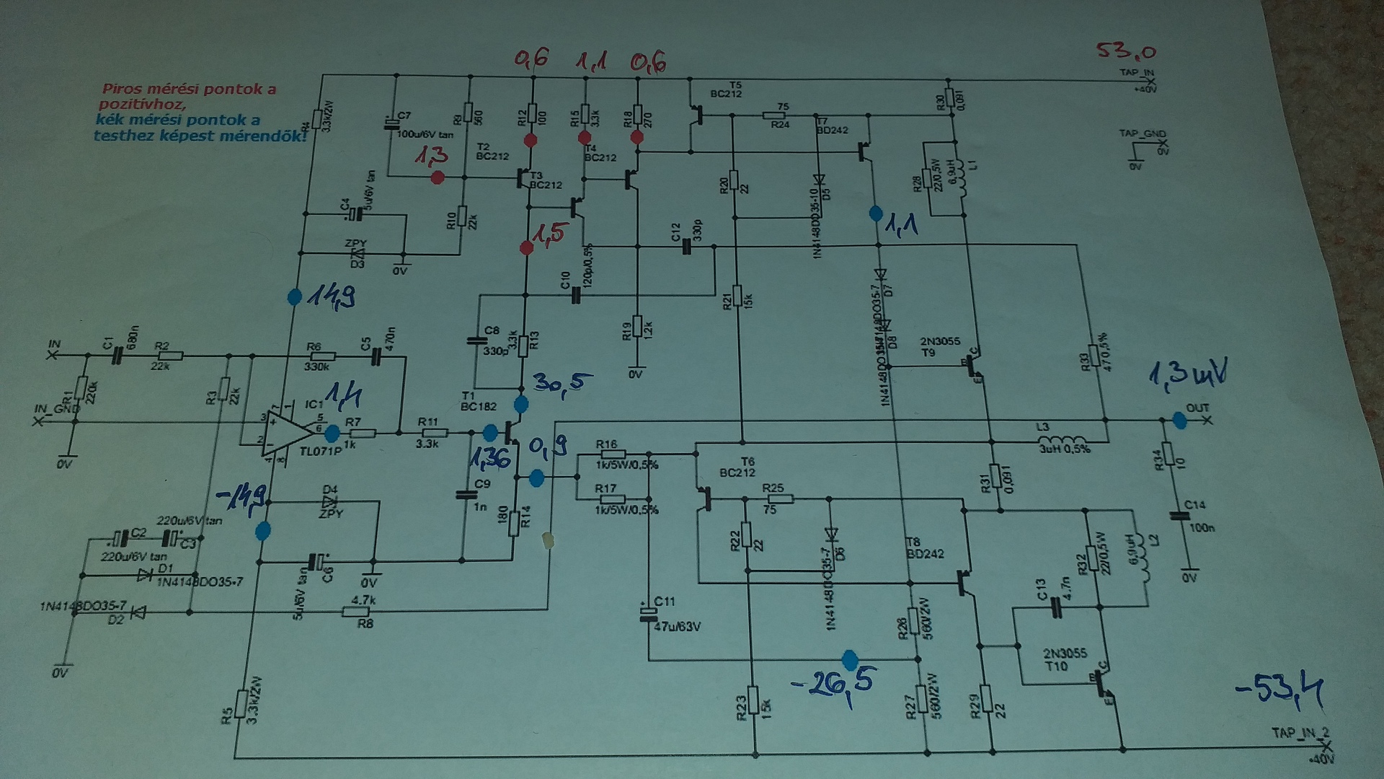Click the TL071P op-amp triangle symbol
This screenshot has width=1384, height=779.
[x=288, y=432]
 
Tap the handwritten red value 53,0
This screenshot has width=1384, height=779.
[x=1126, y=51]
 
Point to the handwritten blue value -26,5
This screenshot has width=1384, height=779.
[x=836, y=682]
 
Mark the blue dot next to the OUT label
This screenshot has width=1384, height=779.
[x=1179, y=421]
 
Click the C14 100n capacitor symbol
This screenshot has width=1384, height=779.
[x=1180, y=516]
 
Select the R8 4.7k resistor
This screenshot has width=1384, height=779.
[x=354, y=612]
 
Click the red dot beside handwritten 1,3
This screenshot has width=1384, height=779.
[x=436, y=177]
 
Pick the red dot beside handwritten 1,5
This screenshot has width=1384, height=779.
[x=526, y=249]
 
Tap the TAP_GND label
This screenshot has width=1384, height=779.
[x=1142, y=134]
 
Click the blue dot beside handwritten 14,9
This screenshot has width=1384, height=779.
[x=294, y=297]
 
